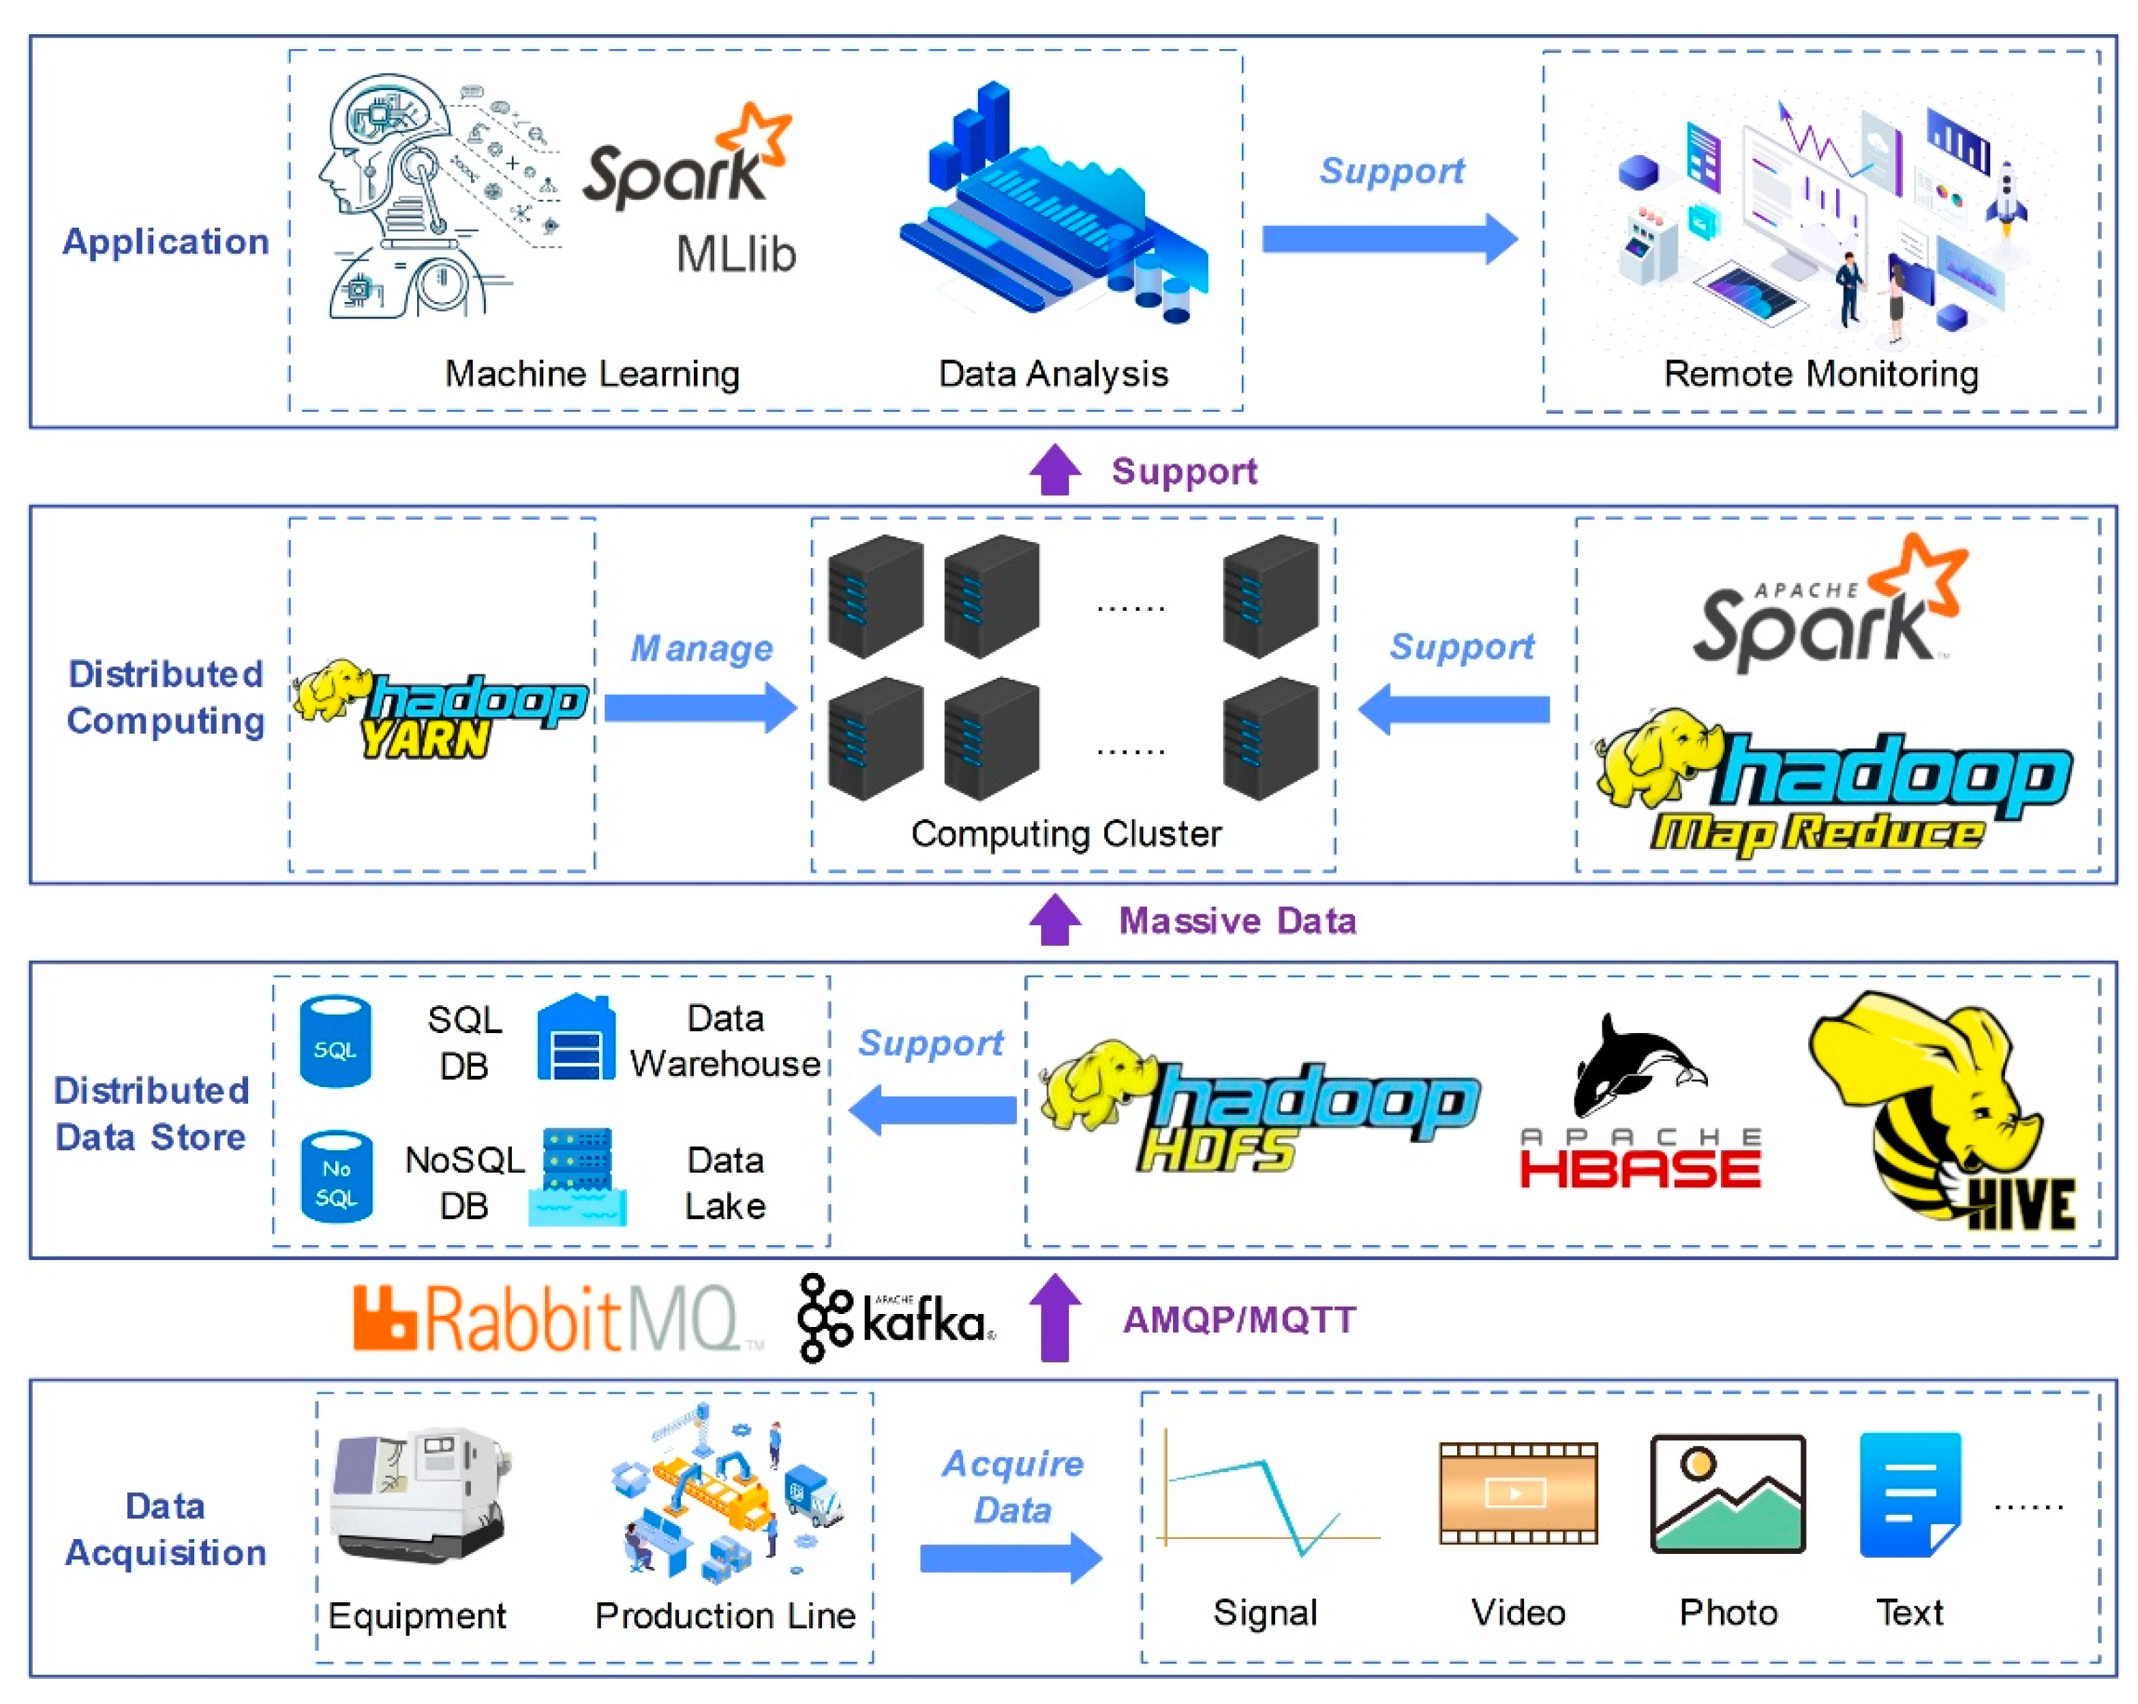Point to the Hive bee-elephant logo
[1940, 1110]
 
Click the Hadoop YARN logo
[440, 707]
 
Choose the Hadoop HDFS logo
[1259, 1106]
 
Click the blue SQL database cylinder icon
[335, 1041]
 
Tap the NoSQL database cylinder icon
[336, 1178]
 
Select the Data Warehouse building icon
[576, 1038]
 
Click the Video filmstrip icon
[1518, 1493]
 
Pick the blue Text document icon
[1910, 1494]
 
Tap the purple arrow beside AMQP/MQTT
[1055, 1317]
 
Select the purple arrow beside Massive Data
[1055, 919]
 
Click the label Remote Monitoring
[1820, 374]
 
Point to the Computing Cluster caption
[1066, 834]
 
